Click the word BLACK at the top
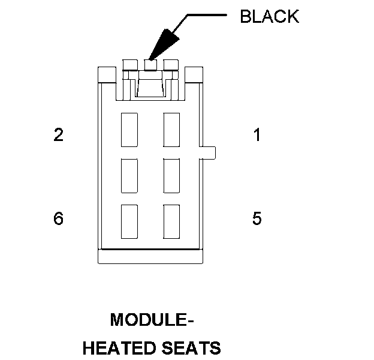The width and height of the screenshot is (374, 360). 269,16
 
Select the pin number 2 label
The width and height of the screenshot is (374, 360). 58,135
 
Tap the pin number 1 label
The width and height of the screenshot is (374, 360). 257,135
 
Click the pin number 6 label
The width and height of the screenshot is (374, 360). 58,218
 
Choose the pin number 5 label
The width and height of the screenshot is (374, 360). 257,218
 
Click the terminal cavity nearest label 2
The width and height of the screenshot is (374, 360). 129,129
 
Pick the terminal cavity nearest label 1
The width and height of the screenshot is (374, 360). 171,129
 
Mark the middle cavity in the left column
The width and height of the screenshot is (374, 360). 129,175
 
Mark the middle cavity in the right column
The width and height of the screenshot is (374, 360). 171,175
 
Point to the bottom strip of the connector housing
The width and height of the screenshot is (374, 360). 151,257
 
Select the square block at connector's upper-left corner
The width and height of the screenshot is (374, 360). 106,74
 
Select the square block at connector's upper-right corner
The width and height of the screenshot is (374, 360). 195,74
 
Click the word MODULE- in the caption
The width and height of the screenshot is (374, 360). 152,320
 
